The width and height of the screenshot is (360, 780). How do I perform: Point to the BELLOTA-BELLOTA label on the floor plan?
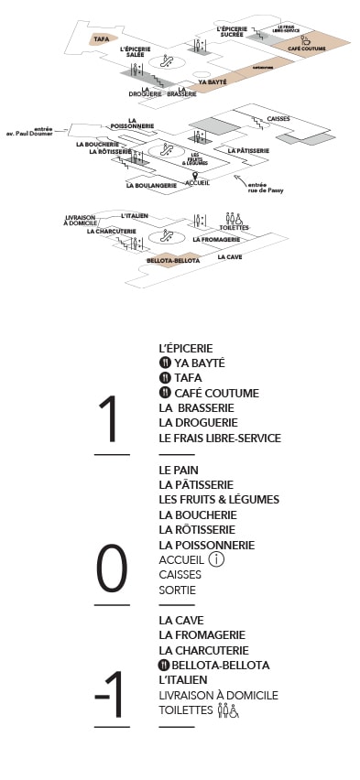click(168, 260)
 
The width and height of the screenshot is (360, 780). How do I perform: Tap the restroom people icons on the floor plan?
click(234, 219)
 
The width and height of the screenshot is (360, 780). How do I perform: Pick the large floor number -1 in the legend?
click(110, 695)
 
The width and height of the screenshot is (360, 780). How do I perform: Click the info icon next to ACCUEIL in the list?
click(216, 559)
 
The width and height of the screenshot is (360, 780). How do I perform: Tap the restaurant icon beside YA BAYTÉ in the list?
click(165, 363)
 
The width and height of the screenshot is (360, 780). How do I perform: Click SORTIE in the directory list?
click(178, 590)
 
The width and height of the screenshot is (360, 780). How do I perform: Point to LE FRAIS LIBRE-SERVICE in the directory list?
click(219, 438)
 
